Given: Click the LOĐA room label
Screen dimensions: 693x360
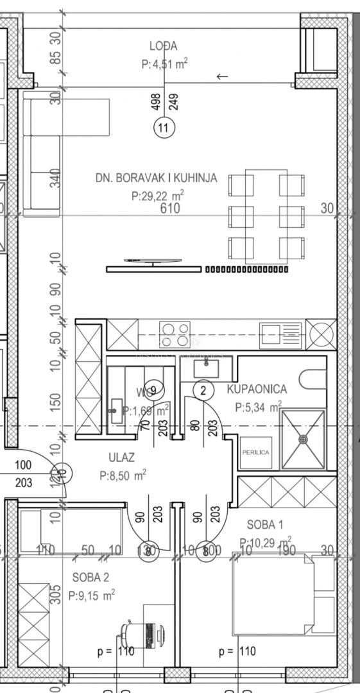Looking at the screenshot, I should [164, 46].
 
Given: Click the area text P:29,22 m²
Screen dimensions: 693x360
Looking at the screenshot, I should [158, 196].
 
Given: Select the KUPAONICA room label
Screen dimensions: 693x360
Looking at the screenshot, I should [257, 389].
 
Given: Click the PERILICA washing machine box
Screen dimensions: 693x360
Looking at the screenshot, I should [255, 452].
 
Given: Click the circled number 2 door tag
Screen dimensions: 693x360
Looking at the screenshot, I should [203, 389].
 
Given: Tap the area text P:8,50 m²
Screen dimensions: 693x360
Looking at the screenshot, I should [123, 475].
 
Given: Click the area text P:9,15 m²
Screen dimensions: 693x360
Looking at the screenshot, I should [91, 595].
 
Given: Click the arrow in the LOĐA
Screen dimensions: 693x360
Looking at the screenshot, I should [222, 77].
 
